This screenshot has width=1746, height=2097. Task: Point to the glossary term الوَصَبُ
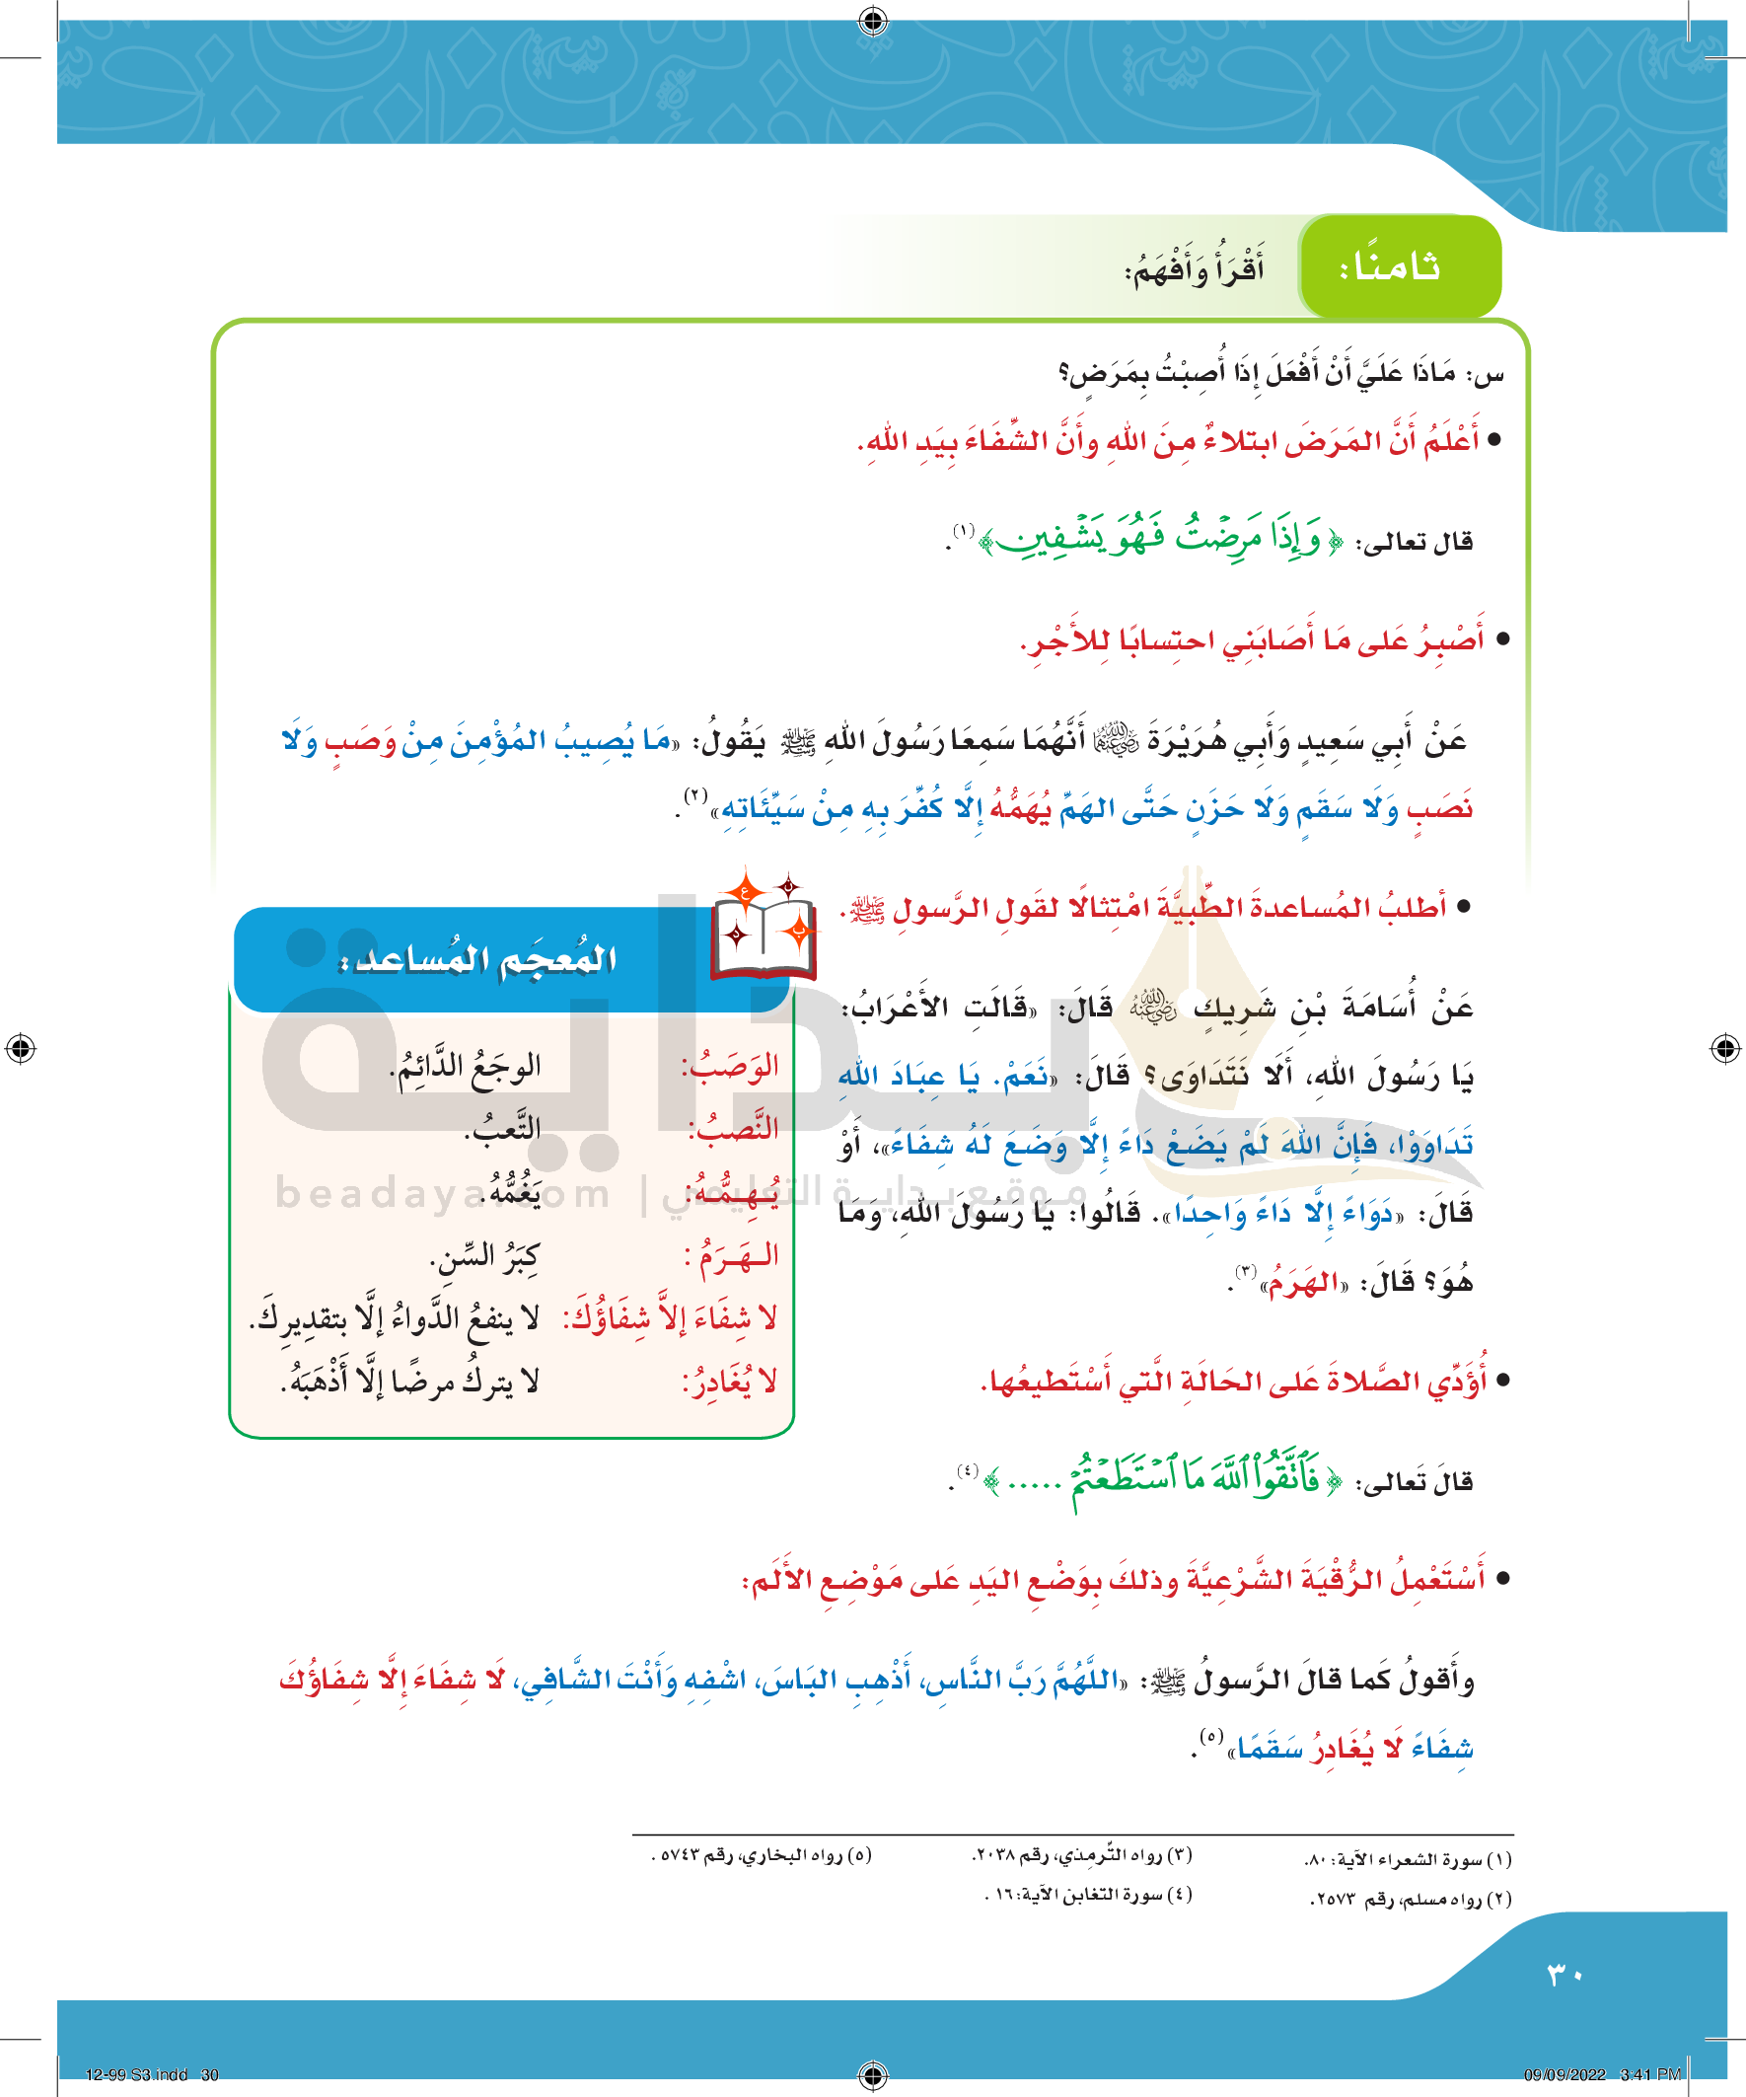tap(730, 1068)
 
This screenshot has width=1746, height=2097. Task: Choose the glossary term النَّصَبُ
tap(733, 1129)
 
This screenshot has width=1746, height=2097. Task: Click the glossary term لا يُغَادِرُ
tap(730, 1383)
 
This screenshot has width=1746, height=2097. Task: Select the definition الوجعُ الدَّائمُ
tap(466, 1068)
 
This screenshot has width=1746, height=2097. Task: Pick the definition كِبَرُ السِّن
tap(484, 1257)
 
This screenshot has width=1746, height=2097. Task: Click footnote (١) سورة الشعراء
tap(1408, 1859)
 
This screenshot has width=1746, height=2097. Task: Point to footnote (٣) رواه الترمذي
tap(1082, 1855)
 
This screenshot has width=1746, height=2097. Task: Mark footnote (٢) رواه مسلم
tap(1411, 1900)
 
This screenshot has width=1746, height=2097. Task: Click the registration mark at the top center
tap(872, 20)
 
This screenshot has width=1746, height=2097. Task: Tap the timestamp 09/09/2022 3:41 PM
tap(1602, 2074)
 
